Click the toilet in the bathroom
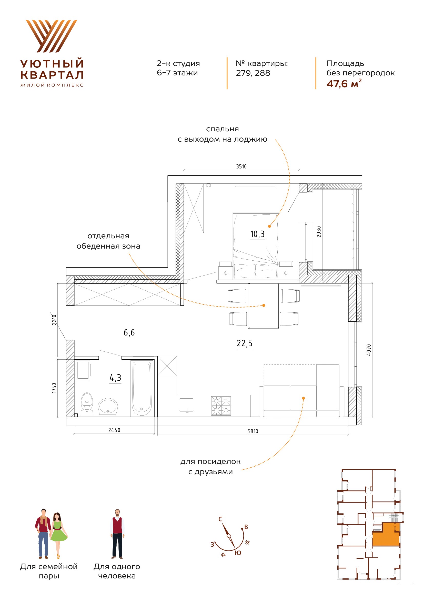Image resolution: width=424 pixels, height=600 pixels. tap(87, 404)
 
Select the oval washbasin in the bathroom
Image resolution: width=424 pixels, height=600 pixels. tap(108, 407)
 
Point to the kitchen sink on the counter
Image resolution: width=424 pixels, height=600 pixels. tap(186, 405)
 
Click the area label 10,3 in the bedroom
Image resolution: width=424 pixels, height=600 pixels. tap(257, 234)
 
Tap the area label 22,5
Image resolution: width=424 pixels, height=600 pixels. tap(245, 343)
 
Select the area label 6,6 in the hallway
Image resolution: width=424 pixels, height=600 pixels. tap(129, 332)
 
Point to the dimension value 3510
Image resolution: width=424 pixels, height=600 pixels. tap(241, 166)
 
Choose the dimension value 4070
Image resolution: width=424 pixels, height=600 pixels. tap(369, 350)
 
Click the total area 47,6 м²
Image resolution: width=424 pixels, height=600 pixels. tap(344, 84)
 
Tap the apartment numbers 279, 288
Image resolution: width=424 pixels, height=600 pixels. tap(253, 73)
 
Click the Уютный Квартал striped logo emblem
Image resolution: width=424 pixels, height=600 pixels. tap(52, 36)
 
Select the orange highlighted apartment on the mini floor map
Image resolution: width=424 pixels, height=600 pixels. tap(386, 535)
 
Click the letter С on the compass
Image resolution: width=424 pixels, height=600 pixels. tap(220, 519)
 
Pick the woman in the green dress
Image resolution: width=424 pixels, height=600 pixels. tap(58, 535)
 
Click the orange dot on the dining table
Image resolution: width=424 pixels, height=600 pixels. tap(264, 306)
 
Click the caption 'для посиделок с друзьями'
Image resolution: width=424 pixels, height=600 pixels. tap(210, 466)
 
